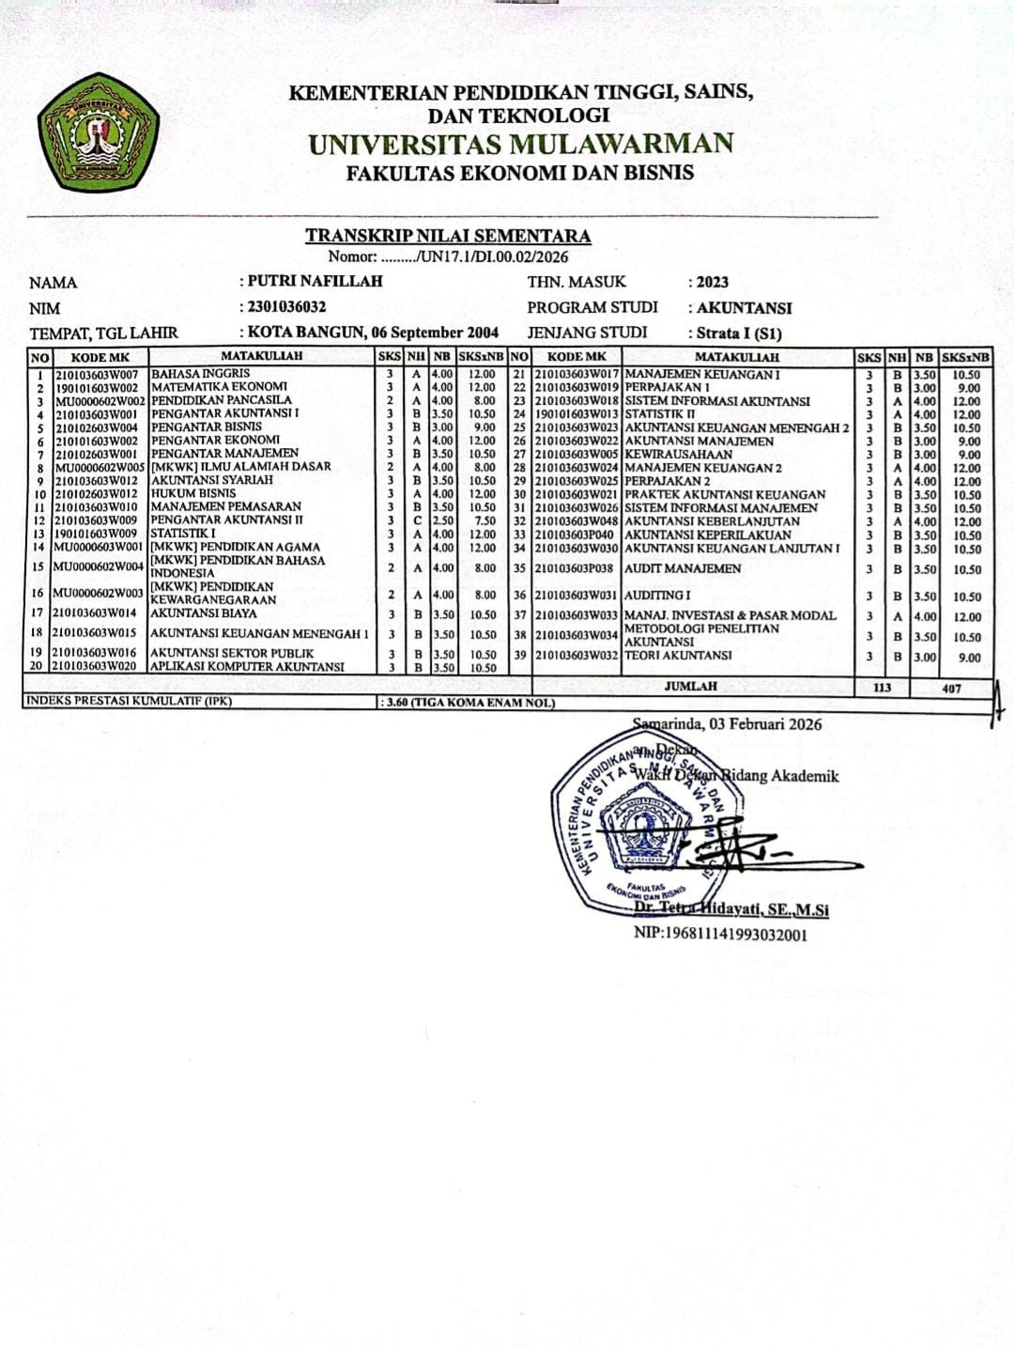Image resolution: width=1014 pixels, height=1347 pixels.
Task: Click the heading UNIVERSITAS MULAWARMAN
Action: pos(520,144)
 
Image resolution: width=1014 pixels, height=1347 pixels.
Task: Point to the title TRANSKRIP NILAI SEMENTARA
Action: pos(447,236)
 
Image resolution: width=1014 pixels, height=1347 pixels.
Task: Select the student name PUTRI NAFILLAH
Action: pos(315,281)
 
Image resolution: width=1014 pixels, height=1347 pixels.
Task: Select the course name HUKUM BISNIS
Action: pos(193,493)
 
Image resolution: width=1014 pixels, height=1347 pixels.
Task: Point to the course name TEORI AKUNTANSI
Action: pos(678,656)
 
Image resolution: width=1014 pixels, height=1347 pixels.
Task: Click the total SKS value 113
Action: pos(882,688)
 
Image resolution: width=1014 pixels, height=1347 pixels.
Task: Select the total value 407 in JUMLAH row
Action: pos(952,689)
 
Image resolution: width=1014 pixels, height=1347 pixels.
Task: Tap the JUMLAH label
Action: pos(690,687)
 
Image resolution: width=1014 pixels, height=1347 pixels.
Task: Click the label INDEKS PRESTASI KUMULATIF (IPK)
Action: pos(129,701)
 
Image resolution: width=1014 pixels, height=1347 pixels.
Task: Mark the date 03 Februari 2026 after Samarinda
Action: pos(765,723)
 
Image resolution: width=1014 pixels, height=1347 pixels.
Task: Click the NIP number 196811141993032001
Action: pos(720,934)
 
